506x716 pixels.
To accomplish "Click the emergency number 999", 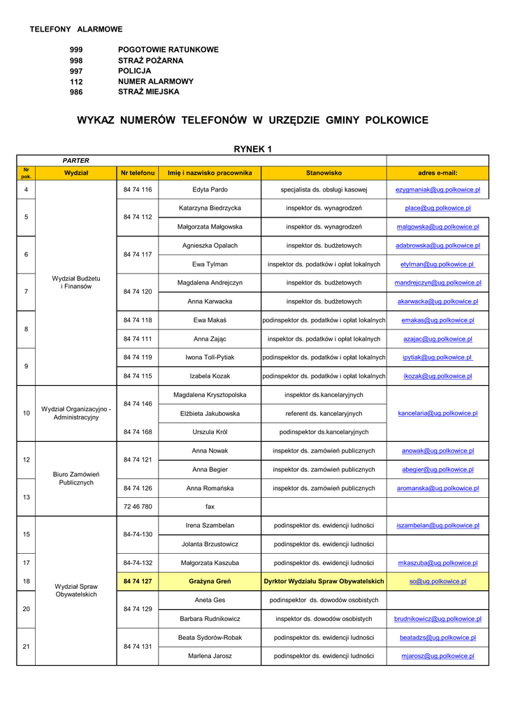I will tap(76, 50).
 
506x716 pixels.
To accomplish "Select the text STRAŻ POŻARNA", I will tap(151, 60).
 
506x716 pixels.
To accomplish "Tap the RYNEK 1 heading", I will tap(252, 149).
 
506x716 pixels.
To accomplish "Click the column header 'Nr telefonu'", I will tap(138, 173).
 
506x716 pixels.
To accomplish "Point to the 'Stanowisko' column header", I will tap(324, 173).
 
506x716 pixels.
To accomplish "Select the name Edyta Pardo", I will tap(210, 189).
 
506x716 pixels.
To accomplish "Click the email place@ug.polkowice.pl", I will tap(438, 208).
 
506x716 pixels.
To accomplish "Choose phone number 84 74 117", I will tap(138, 255).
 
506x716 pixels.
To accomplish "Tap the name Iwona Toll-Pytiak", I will tap(210, 357).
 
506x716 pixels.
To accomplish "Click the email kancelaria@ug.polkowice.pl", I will tap(438, 413).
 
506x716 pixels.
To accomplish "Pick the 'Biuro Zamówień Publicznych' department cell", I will tap(76, 478).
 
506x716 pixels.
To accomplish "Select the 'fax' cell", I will tap(210, 506).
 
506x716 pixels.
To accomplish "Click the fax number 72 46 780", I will tap(138, 506).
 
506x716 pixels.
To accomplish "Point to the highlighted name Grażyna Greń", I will tap(210, 581).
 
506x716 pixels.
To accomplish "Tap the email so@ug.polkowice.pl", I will tap(438, 581).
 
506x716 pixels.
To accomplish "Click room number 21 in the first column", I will tap(26, 647).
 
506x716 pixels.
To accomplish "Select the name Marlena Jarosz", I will tap(210, 656).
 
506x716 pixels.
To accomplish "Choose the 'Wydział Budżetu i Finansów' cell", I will tap(76, 282).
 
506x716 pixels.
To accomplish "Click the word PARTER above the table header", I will tap(76, 160).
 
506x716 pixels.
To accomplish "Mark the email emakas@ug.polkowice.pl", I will tap(438, 320).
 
